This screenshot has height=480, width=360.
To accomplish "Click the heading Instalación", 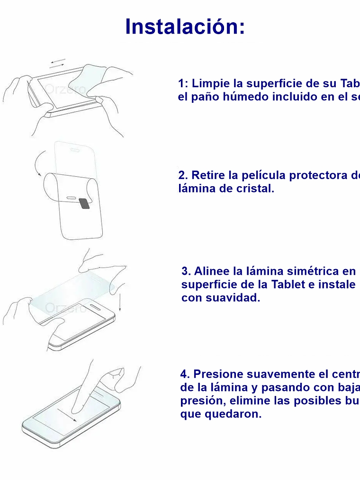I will coord(185,27).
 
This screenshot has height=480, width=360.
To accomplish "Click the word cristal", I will coord(255,189).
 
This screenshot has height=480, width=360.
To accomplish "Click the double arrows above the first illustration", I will coord(57,63).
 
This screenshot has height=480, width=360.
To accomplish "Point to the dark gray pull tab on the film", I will coord(84,204).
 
